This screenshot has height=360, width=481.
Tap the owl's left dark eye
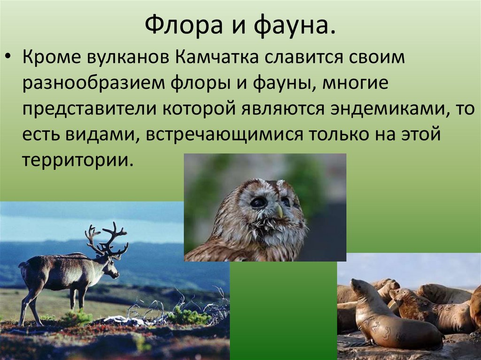click(x=258, y=202)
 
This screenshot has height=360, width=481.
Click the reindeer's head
click(x=111, y=269)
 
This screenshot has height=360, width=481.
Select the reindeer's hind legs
click(x=29, y=305)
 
